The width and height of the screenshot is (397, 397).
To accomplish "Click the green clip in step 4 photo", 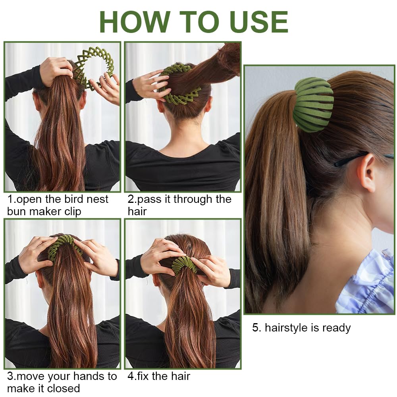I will [x=184, y=264].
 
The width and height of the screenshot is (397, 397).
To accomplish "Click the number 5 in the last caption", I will [x=256, y=328].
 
